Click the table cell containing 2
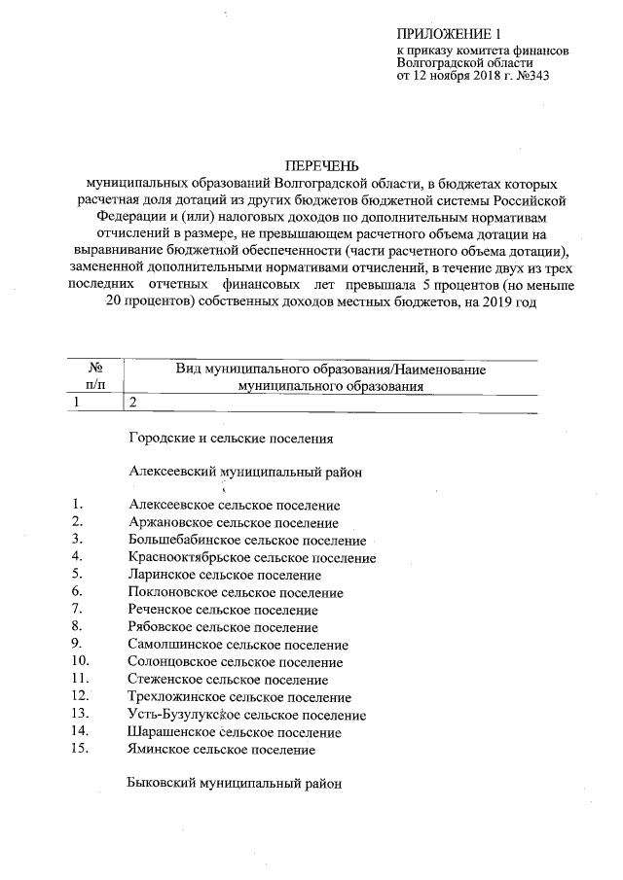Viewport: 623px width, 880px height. point(133,402)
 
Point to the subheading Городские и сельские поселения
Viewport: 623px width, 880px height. point(231,439)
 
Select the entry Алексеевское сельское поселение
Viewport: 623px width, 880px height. point(234,506)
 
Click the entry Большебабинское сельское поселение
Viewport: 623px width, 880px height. point(247,541)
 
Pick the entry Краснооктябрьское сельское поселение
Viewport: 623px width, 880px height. point(252,558)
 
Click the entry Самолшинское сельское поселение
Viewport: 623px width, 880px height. point(238,645)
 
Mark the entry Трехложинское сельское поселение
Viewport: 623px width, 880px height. point(239,697)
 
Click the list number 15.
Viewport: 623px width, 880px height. point(80,749)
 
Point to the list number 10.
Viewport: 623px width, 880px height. point(80,661)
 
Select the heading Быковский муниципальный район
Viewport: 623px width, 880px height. point(236,783)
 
